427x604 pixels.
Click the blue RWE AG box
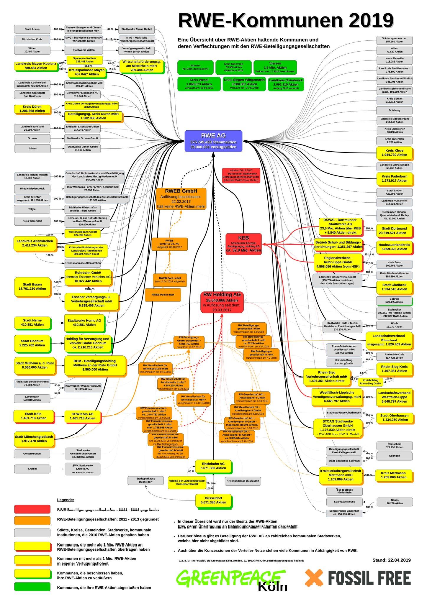pos(213,141)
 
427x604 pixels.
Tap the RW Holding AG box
pos(222,302)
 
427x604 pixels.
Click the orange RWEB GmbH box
pos(181,198)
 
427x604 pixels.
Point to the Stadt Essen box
pos(32,286)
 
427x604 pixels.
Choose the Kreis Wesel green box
pos(199,84)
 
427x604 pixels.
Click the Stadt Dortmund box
pos(394,231)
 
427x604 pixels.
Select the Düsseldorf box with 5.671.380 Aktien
pos(213,500)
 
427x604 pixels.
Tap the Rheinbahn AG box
pos(213,466)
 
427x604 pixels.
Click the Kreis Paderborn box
pos(394,178)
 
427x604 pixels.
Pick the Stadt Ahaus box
pos(32,29)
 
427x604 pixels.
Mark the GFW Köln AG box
pos(82,416)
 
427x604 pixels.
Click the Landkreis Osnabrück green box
pos(286,84)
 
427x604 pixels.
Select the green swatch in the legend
pos(32,587)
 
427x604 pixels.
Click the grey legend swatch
pos(32,532)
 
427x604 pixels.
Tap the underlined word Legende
pos(66,500)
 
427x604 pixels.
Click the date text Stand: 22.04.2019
pos(391,560)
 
